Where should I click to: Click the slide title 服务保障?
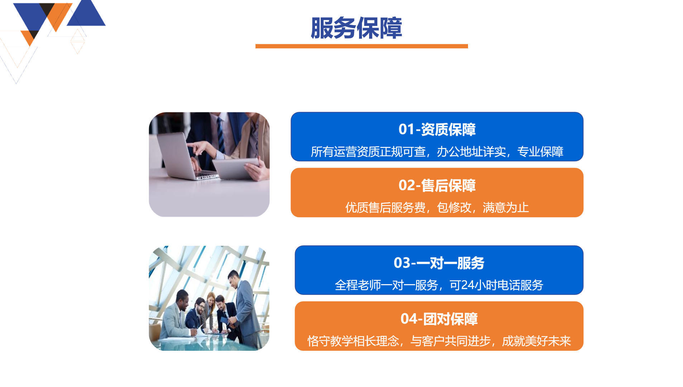356,28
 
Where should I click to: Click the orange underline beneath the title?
362,46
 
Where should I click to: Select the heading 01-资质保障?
437,129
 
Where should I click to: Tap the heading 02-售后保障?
437,185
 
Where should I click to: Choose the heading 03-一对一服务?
439,263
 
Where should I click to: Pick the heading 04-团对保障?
439,319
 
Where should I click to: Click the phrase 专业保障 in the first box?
540,152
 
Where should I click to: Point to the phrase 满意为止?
506,207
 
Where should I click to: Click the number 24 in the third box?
467,285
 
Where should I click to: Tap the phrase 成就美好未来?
536,341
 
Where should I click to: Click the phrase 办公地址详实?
471,152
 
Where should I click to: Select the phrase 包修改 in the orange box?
454,207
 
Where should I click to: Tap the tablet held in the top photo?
235,168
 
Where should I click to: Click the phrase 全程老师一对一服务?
386,285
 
